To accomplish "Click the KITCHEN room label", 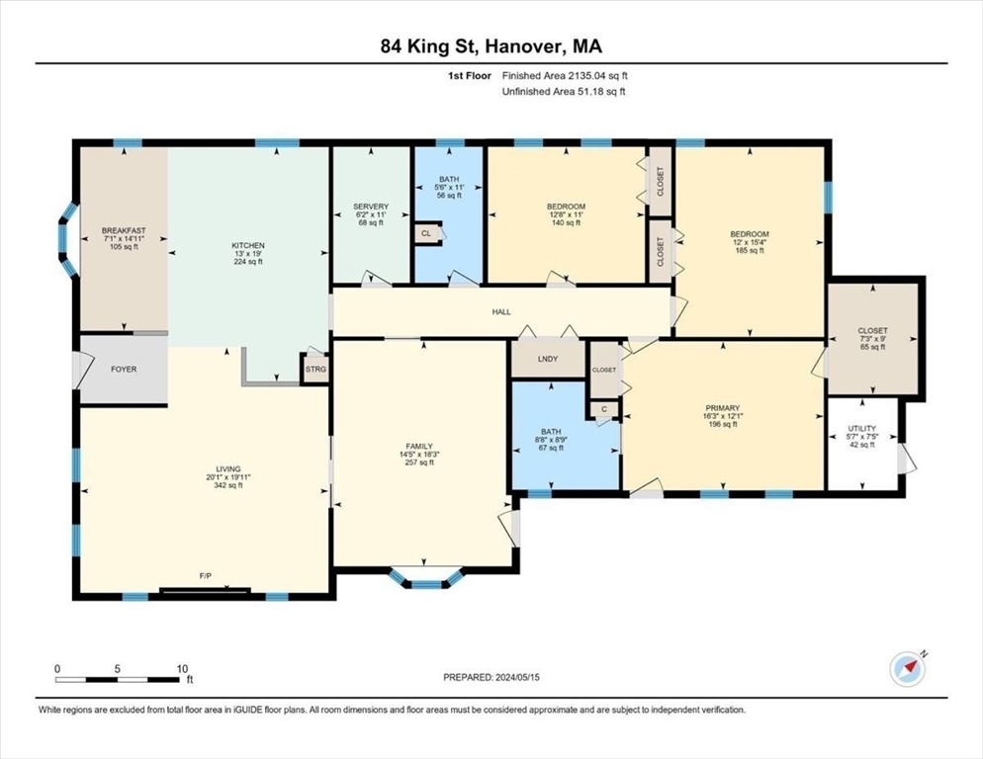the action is [x=248, y=246].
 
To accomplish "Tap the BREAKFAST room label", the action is [x=125, y=230].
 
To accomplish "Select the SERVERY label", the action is [x=371, y=207].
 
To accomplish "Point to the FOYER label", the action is [x=124, y=370].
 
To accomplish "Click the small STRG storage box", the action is [x=315, y=370].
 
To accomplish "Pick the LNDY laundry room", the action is [x=548, y=359].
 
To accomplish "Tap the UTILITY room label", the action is [x=862, y=429].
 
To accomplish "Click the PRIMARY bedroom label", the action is [x=723, y=408].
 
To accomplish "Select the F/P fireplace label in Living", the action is [x=205, y=575].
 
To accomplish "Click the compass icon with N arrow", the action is [x=907, y=669].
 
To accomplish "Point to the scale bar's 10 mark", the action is [x=182, y=669].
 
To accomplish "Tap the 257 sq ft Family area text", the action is [x=419, y=463].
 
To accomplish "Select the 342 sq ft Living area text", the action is [x=228, y=485].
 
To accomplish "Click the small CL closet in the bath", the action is [x=426, y=233].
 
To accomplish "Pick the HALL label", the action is [x=501, y=311].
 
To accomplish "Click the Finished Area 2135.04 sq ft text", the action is [x=565, y=76].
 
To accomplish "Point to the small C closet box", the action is [x=604, y=409].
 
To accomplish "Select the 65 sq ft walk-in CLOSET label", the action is [x=872, y=347].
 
